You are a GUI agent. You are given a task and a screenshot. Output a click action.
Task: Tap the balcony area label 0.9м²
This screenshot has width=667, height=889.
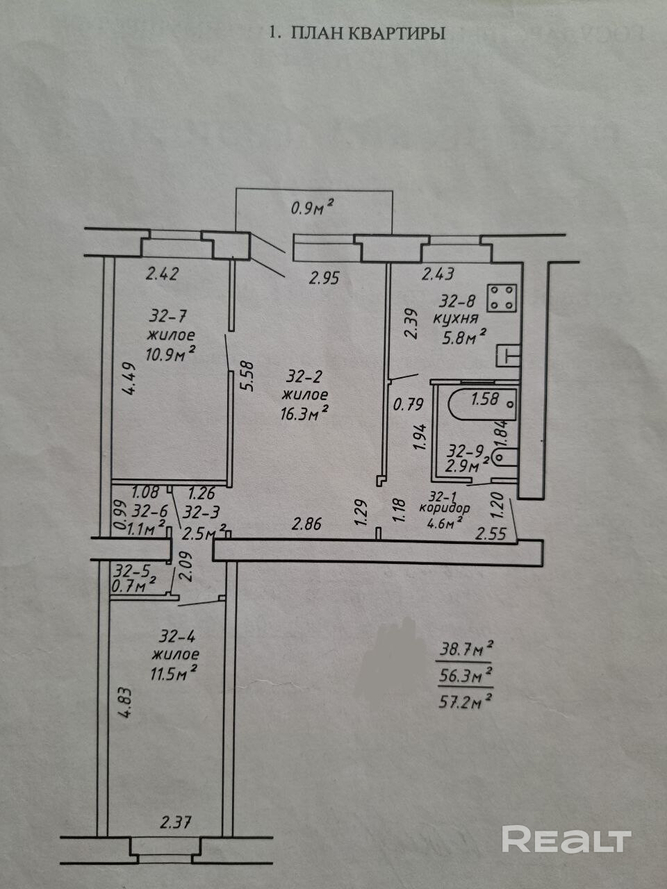coord(312,206)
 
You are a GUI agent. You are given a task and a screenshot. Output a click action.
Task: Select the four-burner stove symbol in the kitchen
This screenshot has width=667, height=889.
coord(502,298)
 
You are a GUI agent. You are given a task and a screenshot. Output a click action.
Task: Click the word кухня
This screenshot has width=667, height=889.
coord(455,319)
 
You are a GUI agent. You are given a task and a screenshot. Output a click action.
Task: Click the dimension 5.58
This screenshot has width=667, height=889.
coord(245,375)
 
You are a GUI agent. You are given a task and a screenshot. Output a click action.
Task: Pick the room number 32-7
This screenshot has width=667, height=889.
coord(167,317)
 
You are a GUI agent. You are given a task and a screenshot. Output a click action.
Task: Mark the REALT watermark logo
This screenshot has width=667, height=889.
coord(566,840)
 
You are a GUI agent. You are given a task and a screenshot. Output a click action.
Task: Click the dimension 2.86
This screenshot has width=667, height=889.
coord(306,524)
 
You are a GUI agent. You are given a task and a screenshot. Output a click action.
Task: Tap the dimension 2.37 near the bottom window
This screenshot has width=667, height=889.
coord(174,824)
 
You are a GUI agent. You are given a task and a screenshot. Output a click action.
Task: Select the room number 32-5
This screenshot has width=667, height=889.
coord(133,571)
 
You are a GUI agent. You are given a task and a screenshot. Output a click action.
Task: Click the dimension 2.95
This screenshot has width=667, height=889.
coord(324,279)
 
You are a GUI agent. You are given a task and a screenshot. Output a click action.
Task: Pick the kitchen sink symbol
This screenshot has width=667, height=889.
coord(509,356)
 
